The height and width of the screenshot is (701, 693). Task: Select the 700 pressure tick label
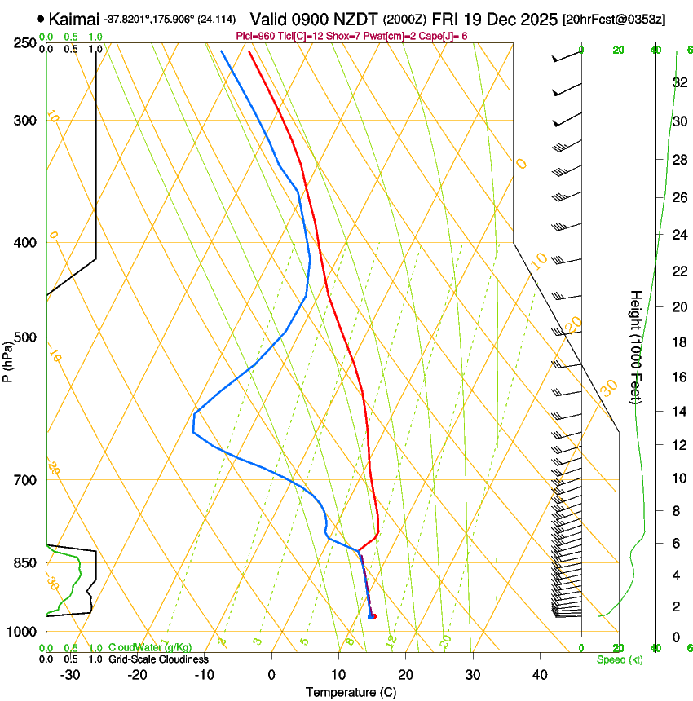coord(27,479)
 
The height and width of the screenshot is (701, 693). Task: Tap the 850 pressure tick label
coord(27,562)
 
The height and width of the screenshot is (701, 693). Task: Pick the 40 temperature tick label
coord(539,674)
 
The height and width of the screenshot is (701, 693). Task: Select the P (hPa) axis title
coord(8,359)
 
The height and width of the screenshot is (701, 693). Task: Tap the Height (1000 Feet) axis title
coord(637,346)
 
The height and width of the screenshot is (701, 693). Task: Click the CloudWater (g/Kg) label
coord(150,647)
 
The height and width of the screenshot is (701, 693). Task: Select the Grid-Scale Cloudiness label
coord(158,659)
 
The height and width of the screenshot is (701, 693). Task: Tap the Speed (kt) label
coord(619,659)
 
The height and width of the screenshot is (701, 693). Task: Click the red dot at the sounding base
coord(373,616)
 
